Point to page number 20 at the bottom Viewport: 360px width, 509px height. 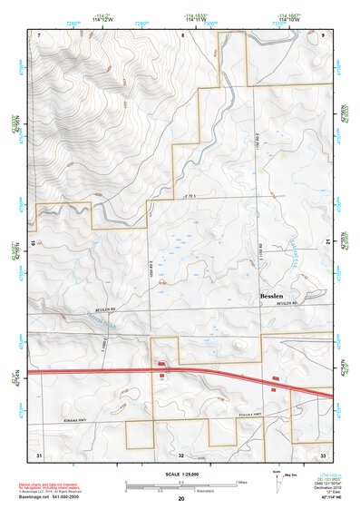coord(181,499)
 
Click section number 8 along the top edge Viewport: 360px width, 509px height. coord(181,34)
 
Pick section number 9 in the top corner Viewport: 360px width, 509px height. coord(323,34)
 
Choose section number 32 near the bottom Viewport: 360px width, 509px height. coord(181,454)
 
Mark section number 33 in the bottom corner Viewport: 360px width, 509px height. coord(323,453)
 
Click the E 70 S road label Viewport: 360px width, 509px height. coord(189,195)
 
